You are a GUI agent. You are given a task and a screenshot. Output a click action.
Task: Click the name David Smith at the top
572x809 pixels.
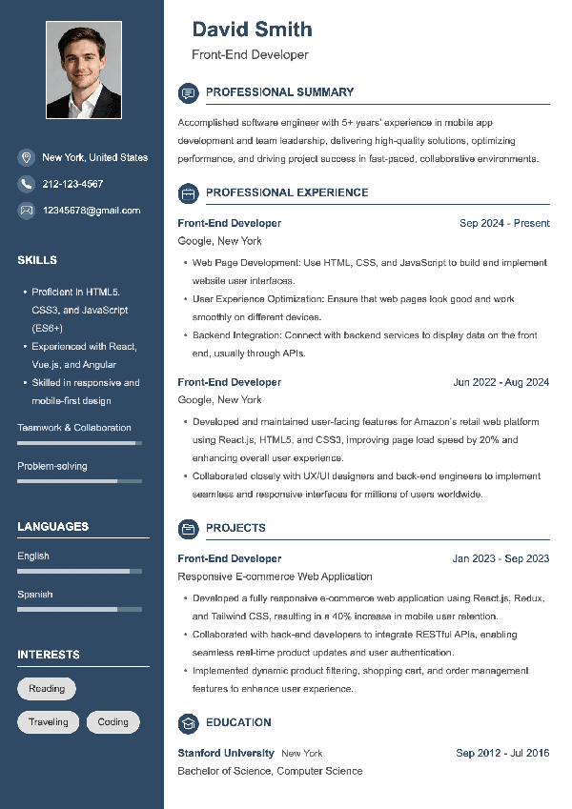point(252,30)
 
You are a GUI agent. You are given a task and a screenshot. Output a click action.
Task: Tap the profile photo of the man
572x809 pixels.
point(83,71)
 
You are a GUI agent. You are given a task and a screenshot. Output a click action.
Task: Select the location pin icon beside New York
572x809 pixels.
point(26,157)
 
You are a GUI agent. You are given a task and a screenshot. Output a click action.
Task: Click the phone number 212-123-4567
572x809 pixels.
point(72,184)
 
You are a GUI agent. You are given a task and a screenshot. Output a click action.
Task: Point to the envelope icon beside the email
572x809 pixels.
point(26,211)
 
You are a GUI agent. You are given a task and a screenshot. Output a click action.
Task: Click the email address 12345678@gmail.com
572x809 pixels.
point(91,211)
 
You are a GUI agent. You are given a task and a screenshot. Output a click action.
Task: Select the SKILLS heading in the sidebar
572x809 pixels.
point(37,260)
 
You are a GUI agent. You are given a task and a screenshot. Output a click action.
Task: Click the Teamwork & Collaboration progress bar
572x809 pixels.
point(79,443)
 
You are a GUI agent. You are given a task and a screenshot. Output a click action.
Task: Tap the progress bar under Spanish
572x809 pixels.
point(79,609)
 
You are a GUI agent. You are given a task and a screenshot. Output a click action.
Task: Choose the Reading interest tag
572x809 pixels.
point(47,689)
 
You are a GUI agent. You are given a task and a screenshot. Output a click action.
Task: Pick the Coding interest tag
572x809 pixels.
point(112,722)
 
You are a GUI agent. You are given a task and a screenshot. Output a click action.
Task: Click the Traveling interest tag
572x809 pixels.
point(48,722)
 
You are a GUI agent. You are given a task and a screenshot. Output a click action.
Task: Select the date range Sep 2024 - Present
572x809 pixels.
point(504,223)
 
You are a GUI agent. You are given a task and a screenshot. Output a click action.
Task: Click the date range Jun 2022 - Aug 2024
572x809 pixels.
point(500,382)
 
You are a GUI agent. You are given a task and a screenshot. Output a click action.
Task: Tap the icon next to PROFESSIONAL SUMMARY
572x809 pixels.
point(188,92)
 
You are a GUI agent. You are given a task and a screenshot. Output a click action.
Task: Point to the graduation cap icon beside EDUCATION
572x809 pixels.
point(188,722)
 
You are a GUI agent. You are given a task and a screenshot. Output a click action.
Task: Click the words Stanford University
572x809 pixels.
point(226,753)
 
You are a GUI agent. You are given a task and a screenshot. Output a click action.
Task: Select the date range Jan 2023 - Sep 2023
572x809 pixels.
point(500,558)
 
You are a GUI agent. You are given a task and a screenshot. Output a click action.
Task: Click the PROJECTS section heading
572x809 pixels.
point(235,528)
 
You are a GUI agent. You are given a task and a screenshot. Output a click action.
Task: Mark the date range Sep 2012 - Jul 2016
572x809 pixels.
point(502,753)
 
